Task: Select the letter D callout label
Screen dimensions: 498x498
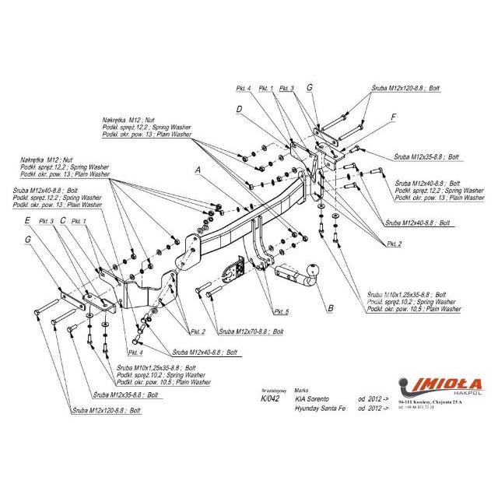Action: coord(240,110)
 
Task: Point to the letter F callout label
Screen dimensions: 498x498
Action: coord(394,117)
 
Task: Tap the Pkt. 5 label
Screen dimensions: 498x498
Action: coord(281,311)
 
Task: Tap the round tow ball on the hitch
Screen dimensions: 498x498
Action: coord(317,273)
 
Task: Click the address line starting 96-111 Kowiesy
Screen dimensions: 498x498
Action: coord(440,402)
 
